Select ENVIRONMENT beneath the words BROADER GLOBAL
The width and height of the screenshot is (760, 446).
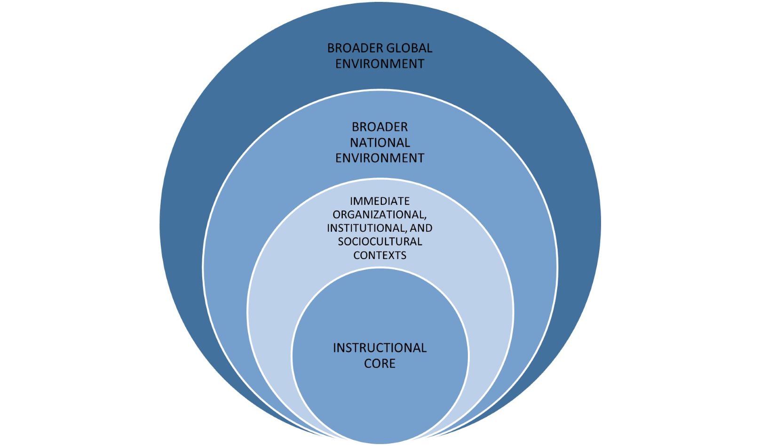point(380,64)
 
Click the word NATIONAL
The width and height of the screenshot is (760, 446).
point(380,142)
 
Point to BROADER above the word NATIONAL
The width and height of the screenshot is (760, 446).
point(380,127)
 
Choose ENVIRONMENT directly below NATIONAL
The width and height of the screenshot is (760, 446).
point(380,158)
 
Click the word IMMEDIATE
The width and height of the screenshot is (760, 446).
point(380,201)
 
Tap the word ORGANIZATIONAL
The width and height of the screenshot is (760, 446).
point(378,214)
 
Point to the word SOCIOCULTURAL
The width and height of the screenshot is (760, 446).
point(380,242)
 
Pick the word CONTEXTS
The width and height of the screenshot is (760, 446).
point(380,255)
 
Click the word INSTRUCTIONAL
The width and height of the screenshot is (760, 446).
point(380,348)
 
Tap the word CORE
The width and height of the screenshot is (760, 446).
point(380,364)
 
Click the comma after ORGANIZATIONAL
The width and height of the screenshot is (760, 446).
point(426,218)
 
